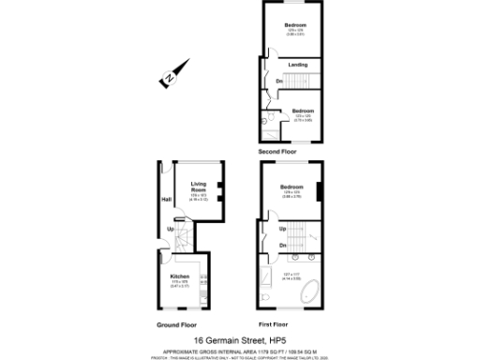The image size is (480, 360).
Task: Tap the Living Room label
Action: tap(198, 186)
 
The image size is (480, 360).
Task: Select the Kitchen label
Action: tap(180, 277)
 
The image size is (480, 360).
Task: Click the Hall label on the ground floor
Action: tap(166, 200)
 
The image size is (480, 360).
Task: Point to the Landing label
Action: tap(298, 65)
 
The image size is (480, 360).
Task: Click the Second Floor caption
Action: tap(278, 150)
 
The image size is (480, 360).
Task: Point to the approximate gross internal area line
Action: tap(240, 349)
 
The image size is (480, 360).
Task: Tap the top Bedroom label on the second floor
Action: tap(296, 25)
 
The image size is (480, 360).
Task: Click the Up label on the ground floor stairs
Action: tap(170, 230)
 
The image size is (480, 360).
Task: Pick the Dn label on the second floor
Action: tap(279, 81)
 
